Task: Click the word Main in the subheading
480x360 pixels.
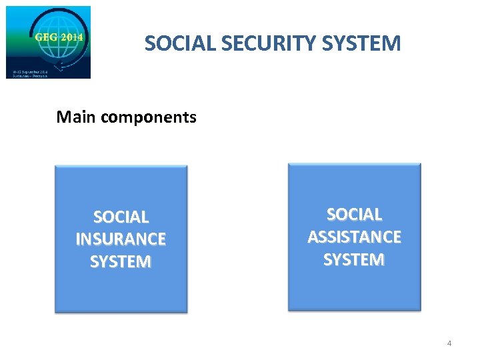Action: [x=72, y=117]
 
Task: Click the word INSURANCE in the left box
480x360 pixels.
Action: [x=121, y=239]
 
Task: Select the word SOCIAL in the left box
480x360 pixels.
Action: [x=121, y=217]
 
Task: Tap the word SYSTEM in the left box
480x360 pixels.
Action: [x=121, y=261]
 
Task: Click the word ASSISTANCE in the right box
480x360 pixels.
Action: [x=354, y=237]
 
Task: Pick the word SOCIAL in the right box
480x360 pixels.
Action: [x=354, y=214]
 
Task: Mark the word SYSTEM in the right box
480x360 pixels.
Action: [x=354, y=259]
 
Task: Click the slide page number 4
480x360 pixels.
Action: [x=449, y=343]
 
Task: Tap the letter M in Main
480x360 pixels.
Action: [x=63, y=117]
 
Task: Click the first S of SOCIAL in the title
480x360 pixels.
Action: [x=149, y=44]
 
